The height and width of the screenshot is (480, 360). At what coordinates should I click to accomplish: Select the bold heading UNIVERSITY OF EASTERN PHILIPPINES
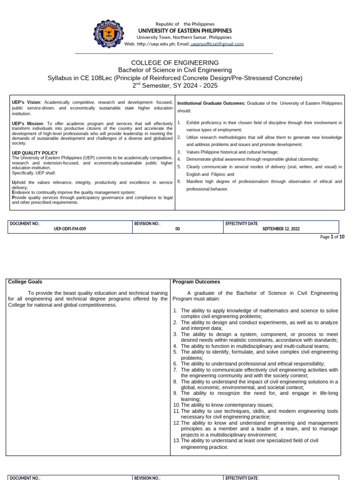(x=184, y=30)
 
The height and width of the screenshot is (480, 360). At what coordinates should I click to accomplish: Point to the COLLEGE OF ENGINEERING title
(x=174, y=62)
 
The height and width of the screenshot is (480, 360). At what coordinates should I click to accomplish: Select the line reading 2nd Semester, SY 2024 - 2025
(x=174, y=86)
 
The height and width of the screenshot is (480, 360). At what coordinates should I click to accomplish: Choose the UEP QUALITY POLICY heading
(x=34, y=153)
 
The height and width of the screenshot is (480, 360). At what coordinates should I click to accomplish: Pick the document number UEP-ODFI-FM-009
(x=70, y=229)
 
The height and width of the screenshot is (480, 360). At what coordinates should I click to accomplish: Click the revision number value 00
(x=177, y=229)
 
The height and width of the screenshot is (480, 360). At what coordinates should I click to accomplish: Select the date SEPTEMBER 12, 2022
(x=281, y=229)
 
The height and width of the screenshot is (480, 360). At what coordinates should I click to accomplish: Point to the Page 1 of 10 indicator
(x=332, y=237)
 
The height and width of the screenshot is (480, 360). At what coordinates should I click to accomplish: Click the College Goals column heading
(x=25, y=282)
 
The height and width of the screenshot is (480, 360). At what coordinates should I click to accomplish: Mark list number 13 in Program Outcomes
(x=176, y=441)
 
